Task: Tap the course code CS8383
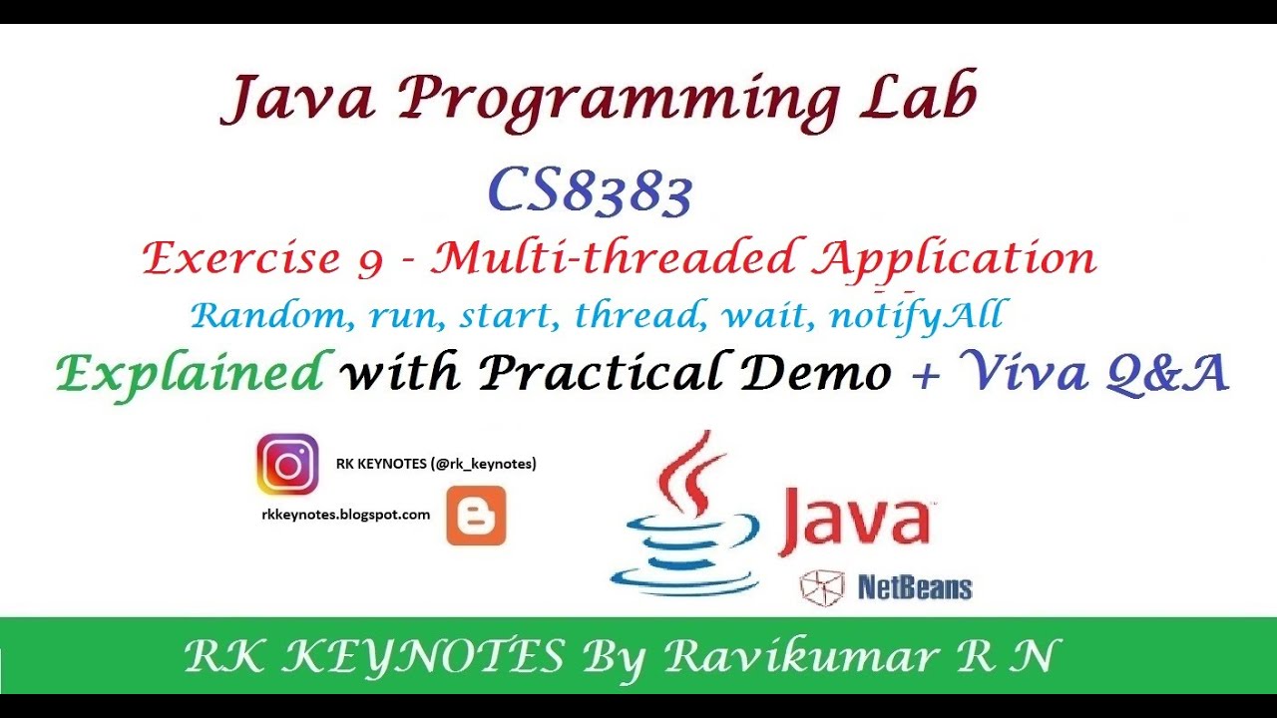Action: (x=591, y=191)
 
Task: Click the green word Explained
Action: (x=190, y=373)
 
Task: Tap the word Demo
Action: (x=828, y=373)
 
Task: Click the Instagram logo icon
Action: (x=287, y=465)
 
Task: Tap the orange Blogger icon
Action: (x=476, y=517)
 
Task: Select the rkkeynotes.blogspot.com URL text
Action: (x=345, y=515)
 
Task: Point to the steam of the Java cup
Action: (x=686, y=473)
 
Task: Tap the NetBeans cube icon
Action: (x=822, y=587)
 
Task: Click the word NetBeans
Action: (x=914, y=587)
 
